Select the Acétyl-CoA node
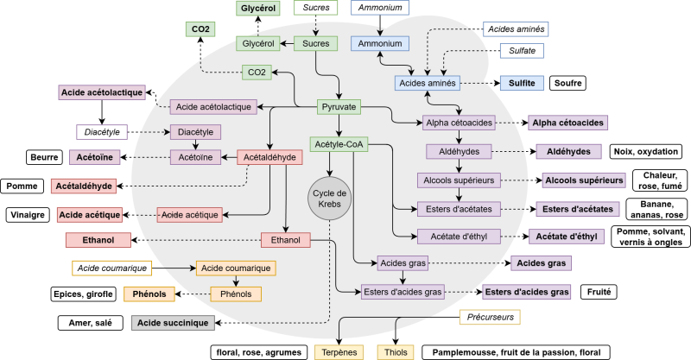338,144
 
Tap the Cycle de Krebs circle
328,199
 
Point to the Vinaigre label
29,214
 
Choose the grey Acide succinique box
171,323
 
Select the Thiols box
396,352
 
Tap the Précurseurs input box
490,317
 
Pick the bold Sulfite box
521,84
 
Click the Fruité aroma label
598,293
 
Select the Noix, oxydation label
647,151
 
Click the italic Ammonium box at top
380,8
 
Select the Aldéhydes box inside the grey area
458,151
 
